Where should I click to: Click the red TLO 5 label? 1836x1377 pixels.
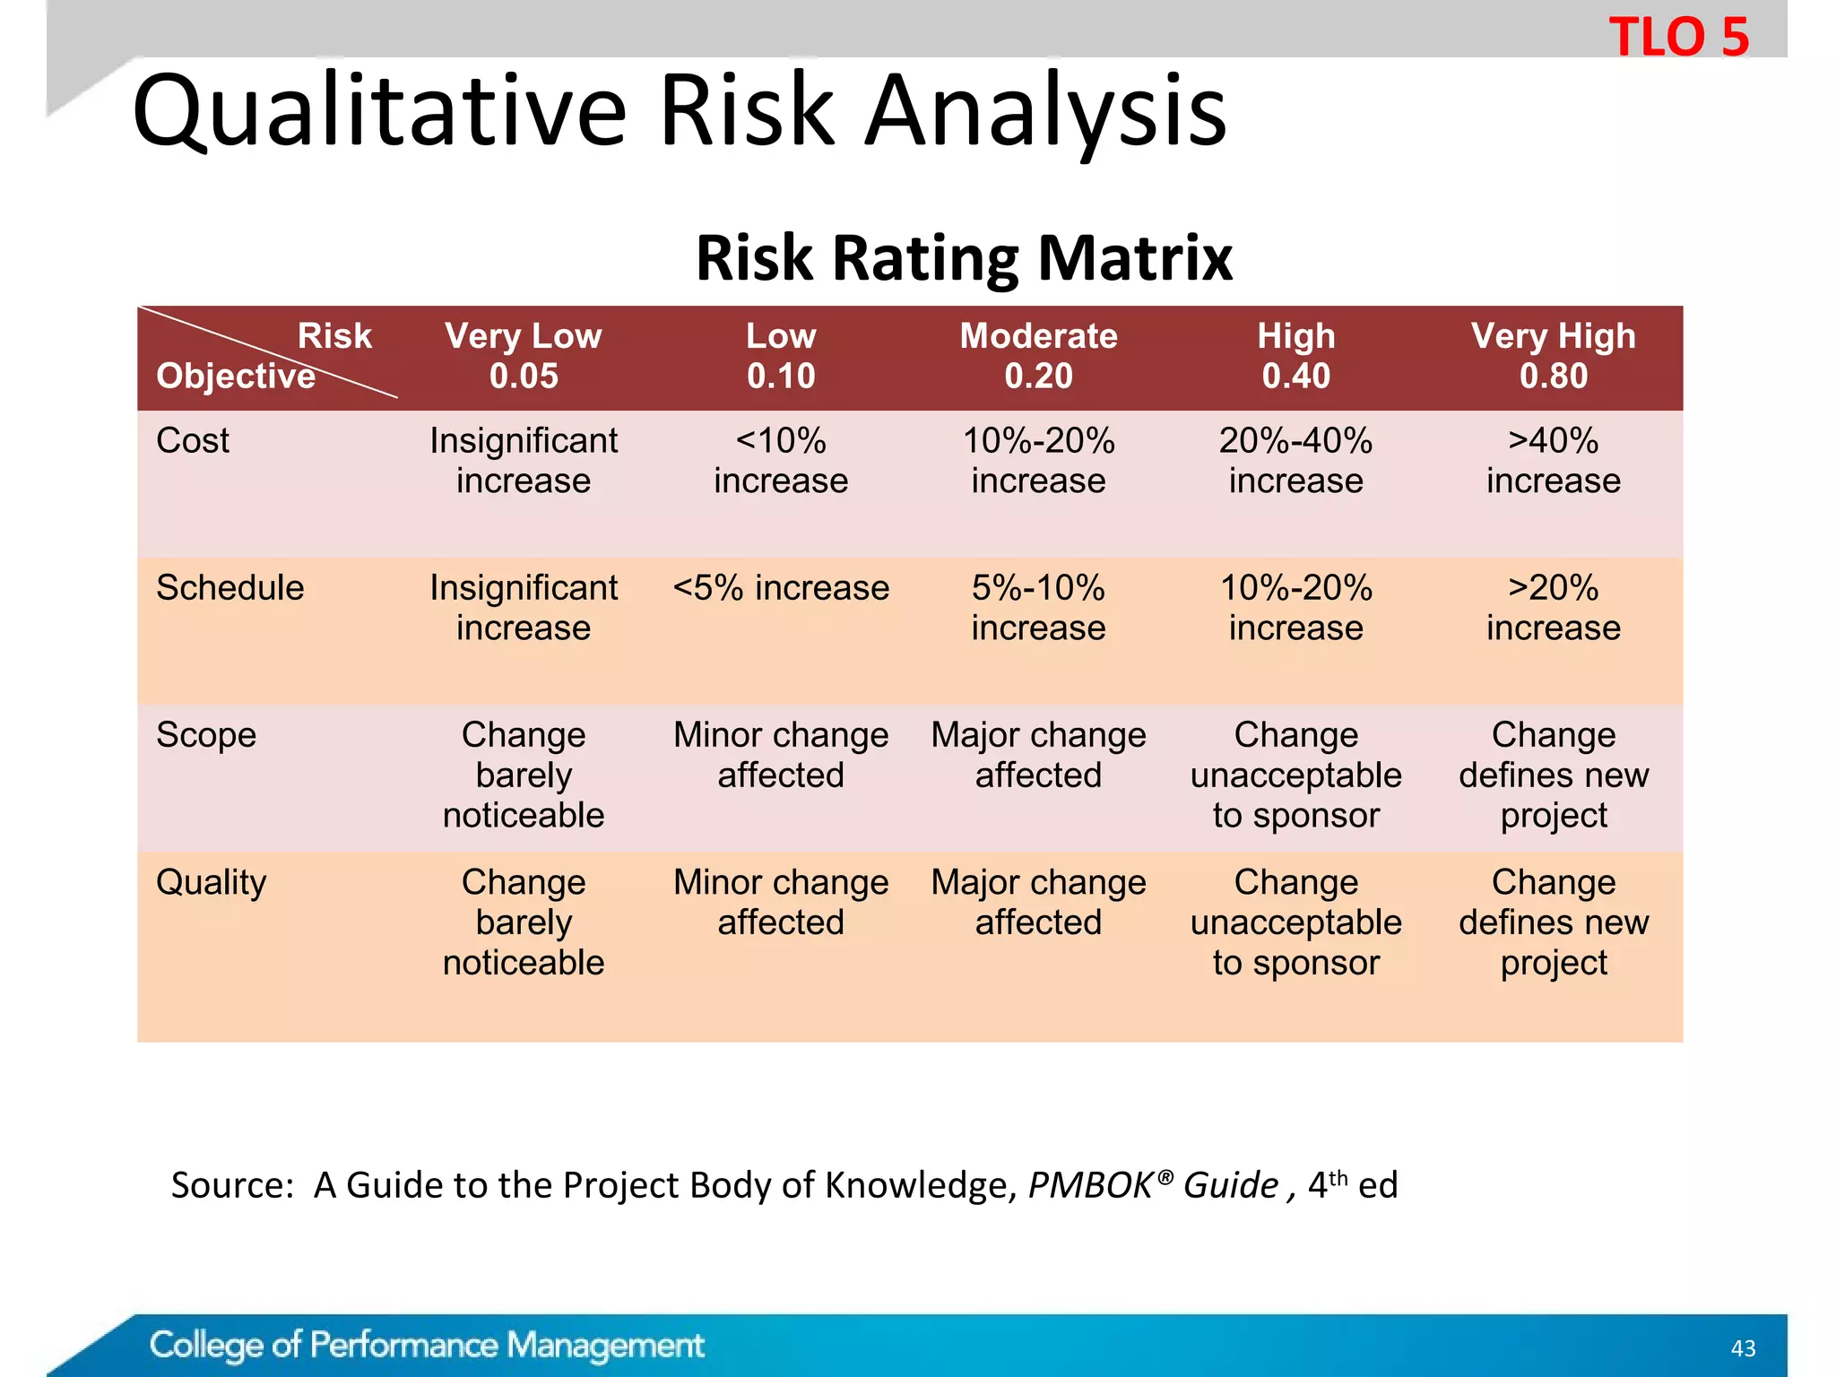tap(1678, 38)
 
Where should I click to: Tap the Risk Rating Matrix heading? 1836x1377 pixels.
tap(964, 258)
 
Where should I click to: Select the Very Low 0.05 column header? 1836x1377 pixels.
tap(524, 356)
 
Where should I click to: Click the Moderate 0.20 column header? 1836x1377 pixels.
tap(1038, 356)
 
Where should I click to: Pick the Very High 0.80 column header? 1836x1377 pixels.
tap(1553, 356)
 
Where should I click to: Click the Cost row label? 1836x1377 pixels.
tap(193, 441)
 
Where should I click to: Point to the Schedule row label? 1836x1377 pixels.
tap(229, 588)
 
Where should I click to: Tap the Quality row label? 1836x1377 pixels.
tap(212, 882)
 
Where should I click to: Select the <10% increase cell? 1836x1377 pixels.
tap(781, 461)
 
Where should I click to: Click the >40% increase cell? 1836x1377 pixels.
tap(1553, 461)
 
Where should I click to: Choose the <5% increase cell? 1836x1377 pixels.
tap(781, 588)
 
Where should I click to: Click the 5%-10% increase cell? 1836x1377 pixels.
tap(1038, 608)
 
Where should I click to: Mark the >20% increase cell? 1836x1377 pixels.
tap(1553, 608)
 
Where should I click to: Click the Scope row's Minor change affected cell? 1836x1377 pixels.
tap(781, 755)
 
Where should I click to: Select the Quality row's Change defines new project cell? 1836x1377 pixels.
tap(1553, 922)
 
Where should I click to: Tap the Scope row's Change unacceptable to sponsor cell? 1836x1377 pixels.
tap(1295, 775)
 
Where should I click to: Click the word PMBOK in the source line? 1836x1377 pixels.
tap(1090, 1185)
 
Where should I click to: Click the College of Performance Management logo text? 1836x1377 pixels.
tap(427, 1345)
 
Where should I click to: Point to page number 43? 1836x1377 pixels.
tap(1743, 1348)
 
